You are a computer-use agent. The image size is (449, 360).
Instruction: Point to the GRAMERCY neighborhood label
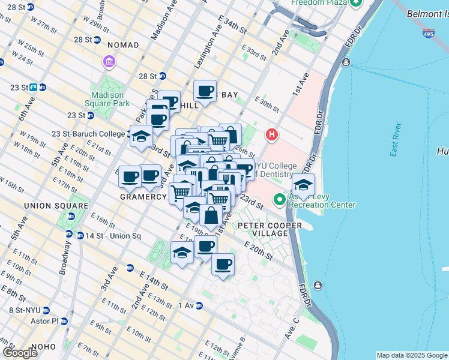click(x=143, y=197)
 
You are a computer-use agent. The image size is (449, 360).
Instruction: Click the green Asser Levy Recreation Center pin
click(x=279, y=199)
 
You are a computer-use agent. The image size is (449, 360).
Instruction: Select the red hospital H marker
click(x=271, y=134)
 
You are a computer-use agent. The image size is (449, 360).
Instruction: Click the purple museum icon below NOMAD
click(x=109, y=62)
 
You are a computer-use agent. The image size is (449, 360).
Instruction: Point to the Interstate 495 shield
click(x=428, y=33)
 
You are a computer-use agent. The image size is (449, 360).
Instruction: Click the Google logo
click(x=20, y=353)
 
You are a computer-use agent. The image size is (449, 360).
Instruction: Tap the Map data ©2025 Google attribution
click(x=412, y=355)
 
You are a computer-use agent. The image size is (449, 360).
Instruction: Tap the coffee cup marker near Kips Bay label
click(x=205, y=91)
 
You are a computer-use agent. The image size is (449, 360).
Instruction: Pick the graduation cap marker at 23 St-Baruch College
click(x=141, y=136)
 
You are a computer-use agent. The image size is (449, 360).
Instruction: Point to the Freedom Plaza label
click(x=316, y=3)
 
